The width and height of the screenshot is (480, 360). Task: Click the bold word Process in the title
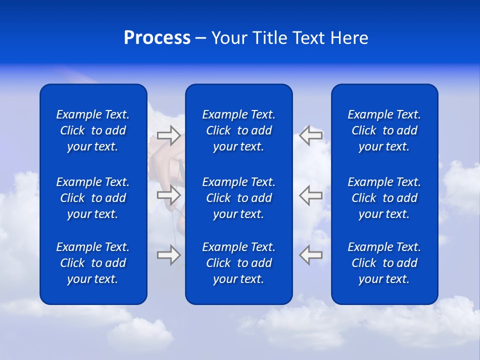(x=157, y=38)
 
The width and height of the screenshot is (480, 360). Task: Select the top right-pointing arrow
(x=168, y=135)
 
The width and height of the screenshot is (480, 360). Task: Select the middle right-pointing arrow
(x=168, y=195)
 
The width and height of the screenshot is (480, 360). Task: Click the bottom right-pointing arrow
(x=168, y=255)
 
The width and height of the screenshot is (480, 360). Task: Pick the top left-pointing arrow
(x=310, y=135)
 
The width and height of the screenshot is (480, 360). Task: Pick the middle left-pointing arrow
(x=310, y=195)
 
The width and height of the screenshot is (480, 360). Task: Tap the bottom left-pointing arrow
(x=310, y=255)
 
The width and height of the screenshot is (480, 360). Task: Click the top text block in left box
(x=93, y=130)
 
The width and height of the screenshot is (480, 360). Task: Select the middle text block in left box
(x=93, y=198)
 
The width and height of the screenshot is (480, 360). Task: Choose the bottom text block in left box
(x=93, y=263)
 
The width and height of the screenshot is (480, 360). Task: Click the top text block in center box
(x=238, y=130)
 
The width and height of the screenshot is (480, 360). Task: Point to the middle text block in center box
(x=238, y=198)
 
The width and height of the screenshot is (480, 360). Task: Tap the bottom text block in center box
(x=238, y=263)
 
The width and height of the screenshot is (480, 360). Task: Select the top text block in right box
(x=384, y=130)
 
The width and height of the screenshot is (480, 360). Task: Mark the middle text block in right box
(x=384, y=198)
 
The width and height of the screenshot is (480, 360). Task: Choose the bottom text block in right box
(x=384, y=263)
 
